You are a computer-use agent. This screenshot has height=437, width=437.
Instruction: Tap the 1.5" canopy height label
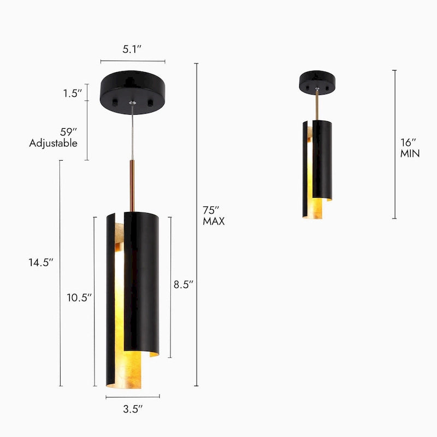72,93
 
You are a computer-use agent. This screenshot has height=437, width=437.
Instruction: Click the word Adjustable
53,143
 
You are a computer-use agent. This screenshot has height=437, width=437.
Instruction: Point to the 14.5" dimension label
41,262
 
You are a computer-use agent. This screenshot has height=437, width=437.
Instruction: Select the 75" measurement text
211,210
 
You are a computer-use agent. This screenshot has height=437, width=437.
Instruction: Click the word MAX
214,222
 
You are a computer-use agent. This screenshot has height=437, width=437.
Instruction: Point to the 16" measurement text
408,142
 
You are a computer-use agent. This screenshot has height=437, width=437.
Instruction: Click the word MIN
410,153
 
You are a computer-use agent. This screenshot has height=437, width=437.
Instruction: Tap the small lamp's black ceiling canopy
317,82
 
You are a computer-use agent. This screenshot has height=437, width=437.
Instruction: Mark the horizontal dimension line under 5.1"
132,62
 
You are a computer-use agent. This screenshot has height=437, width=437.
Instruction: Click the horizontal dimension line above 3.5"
132,397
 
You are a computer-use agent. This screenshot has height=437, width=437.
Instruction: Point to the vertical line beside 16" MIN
394,144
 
